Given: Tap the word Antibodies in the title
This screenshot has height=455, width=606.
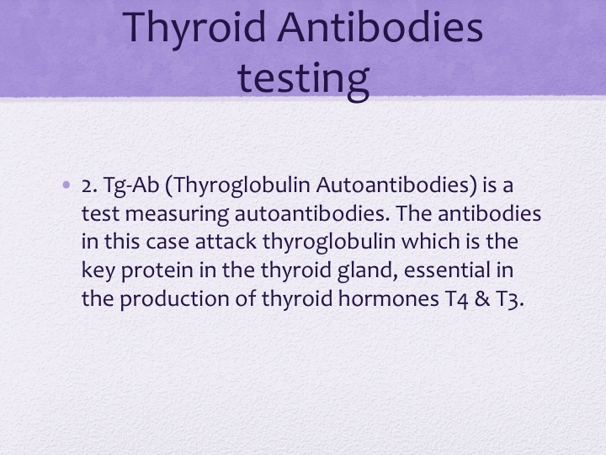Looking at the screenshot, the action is point(380,26).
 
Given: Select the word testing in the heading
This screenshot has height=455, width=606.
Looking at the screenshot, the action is point(303,79).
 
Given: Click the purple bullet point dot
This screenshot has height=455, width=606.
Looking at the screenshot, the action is point(66,185).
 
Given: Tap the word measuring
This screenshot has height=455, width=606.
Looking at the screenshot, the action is point(177,215).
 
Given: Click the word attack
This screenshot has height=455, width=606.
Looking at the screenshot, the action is point(226,242).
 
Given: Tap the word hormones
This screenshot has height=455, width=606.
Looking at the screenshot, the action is point(388,298).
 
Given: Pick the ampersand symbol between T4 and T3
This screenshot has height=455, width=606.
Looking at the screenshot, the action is point(482,299).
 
